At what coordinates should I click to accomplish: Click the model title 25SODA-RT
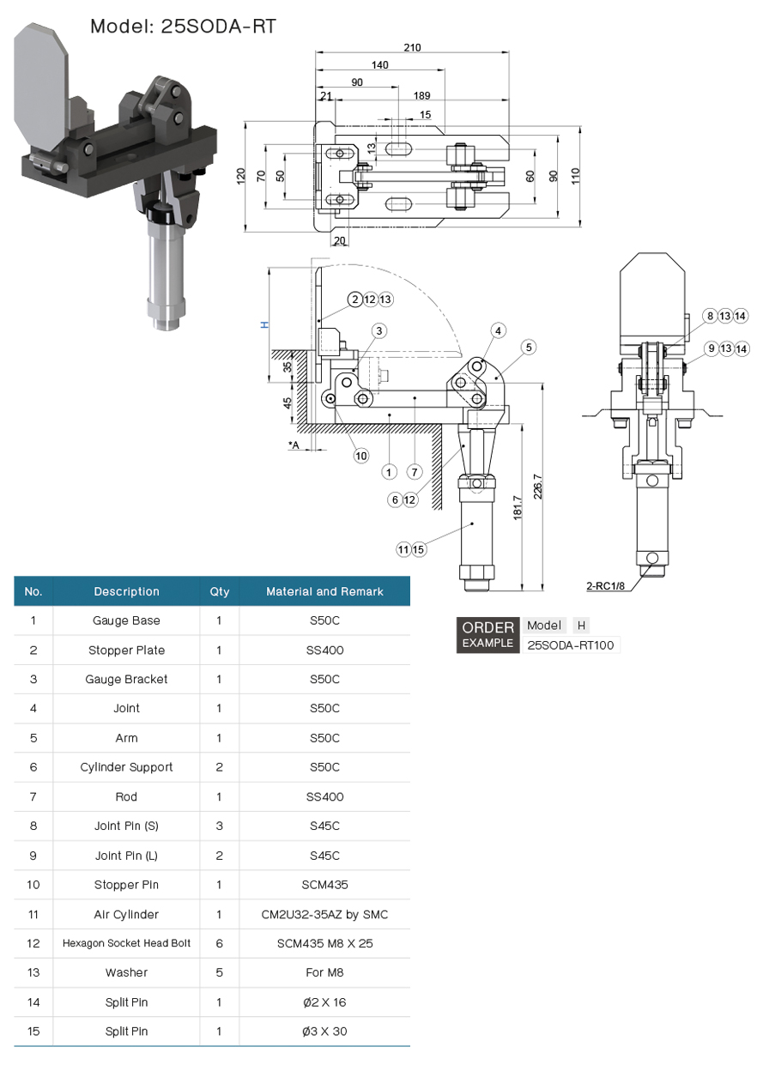point(183,27)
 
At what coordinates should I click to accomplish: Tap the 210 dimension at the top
point(412,47)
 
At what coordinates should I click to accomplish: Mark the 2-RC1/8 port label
point(605,587)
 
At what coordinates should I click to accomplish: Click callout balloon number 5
point(529,347)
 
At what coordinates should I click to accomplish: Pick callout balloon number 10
point(361,455)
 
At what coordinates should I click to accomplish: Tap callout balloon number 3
point(378,330)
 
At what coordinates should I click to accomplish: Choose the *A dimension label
point(294,445)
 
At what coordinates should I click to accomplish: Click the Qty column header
point(219,591)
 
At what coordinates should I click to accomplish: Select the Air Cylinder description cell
point(126,914)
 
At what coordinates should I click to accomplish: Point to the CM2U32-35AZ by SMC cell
point(324,914)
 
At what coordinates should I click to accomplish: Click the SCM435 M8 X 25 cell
point(324,943)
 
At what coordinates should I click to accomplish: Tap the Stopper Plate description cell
point(126,650)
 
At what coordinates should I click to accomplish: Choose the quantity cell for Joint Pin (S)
point(219,826)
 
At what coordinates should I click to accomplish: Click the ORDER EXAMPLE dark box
point(487,634)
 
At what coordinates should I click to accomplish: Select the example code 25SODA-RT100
point(571,645)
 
